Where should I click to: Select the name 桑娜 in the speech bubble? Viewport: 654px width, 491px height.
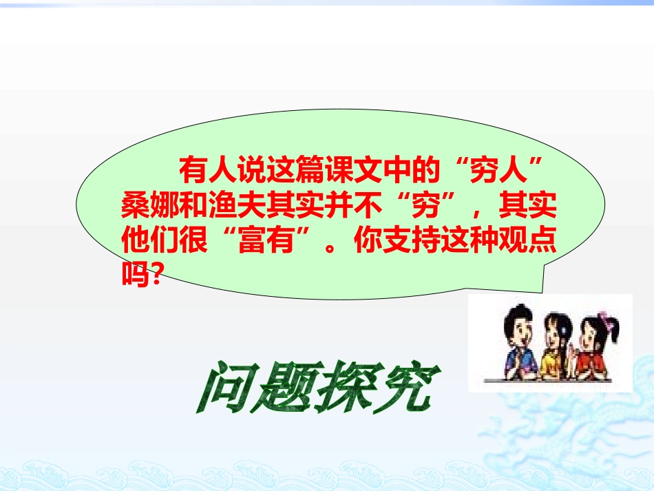tap(146, 205)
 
